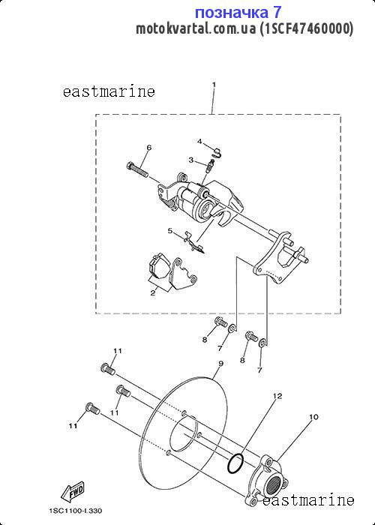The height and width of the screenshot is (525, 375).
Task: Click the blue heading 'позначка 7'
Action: [x=238, y=13]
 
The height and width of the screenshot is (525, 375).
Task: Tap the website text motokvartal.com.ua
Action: [x=196, y=28]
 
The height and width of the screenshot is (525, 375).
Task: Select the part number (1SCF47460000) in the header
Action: [x=306, y=28]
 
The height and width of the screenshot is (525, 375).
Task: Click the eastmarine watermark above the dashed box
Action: [x=109, y=91]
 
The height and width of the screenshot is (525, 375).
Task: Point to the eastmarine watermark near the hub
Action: [x=308, y=500]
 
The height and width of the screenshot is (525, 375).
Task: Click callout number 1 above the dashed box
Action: [x=214, y=84]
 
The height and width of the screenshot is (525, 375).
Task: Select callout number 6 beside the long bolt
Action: [x=149, y=147]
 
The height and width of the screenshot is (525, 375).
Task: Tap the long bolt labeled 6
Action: [x=137, y=169]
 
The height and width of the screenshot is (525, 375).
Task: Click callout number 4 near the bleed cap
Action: [x=199, y=141]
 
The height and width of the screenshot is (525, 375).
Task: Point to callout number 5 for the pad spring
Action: [x=170, y=231]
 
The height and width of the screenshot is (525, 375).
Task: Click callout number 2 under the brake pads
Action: [x=153, y=293]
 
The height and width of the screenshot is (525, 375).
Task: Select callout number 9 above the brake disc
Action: [x=220, y=363]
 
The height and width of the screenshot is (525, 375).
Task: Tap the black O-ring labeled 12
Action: [x=235, y=463]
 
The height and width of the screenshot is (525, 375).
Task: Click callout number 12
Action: [x=277, y=396]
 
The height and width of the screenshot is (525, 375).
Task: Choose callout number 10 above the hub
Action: [x=313, y=417]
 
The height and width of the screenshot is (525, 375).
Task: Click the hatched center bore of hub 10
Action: [x=274, y=483]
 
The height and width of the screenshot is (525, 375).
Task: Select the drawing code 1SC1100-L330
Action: [x=76, y=511]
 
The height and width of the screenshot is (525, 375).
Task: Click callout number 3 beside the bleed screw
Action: [x=190, y=160]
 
